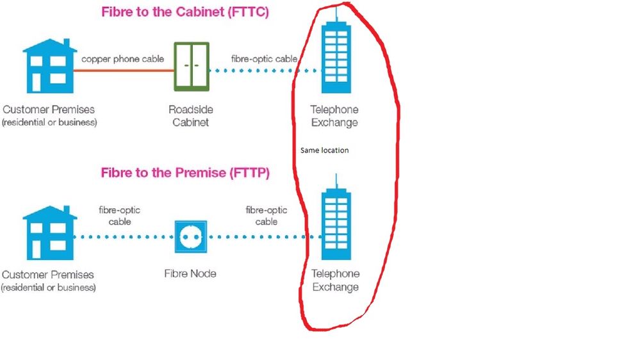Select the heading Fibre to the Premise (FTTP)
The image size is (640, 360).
pyautogui.click(x=185, y=173)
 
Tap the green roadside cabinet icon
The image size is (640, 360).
pyautogui.click(x=191, y=66)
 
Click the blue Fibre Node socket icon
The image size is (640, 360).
pyautogui.click(x=190, y=236)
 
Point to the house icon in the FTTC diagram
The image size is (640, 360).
pyautogui.click(x=49, y=64)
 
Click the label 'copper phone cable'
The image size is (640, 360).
pyautogui.click(x=122, y=59)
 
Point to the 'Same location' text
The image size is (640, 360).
pyautogui.click(x=324, y=151)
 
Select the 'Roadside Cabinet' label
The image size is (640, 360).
pyautogui.click(x=190, y=116)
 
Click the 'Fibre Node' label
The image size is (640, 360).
pyautogui.click(x=190, y=274)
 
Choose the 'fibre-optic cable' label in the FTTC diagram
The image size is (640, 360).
pyautogui.click(x=264, y=59)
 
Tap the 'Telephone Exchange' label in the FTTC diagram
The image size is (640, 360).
pyautogui.click(x=334, y=116)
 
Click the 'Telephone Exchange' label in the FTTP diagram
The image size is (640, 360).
pyautogui.click(x=334, y=281)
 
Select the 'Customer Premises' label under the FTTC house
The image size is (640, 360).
pyautogui.click(x=49, y=115)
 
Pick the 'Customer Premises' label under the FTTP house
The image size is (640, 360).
pyautogui.click(x=49, y=281)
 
